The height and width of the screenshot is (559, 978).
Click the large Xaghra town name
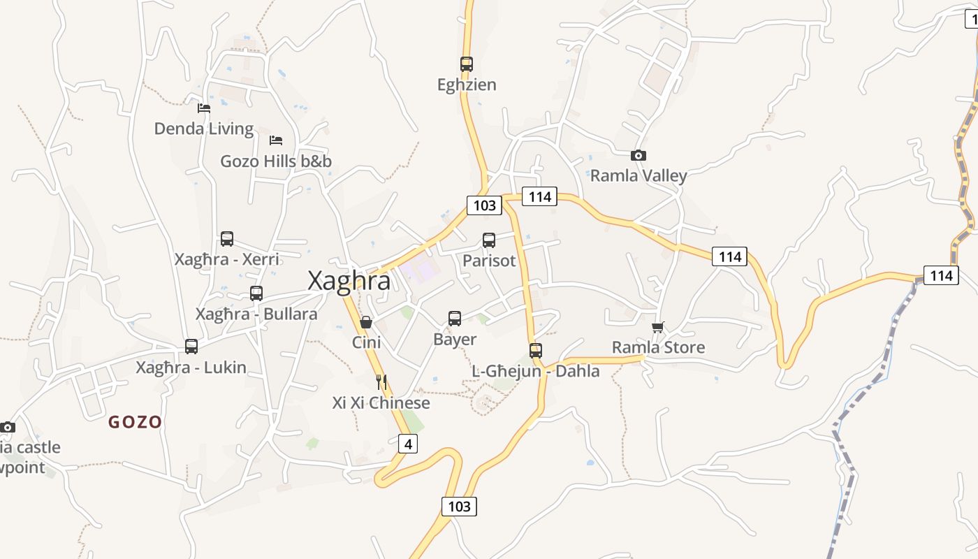pyautogui.click(x=349, y=281)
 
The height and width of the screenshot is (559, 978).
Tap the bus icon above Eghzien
pyautogui.click(x=467, y=64)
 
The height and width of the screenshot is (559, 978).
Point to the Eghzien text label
pyautogui.click(x=467, y=85)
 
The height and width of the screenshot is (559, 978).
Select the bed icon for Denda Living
pyautogui.click(x=204, y=108)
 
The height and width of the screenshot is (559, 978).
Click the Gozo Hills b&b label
pyautogui.click(x=276, y=161)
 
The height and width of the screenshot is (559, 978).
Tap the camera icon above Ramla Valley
pyautogui.click(x=638, y=156)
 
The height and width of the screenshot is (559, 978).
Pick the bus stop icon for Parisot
pyautogui.click(x=489, y=240)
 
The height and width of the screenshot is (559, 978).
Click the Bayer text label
pyautogui.click(x=455, y=340)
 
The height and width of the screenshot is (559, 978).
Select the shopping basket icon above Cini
pyautogui.click(x=365, y=322)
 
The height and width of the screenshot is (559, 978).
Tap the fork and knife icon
pyautogui.click(x=381, y=382)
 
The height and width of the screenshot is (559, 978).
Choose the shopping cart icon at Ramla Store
pyautogui.click(x=657, y=327)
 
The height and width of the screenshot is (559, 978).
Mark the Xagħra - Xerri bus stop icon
pyautogui.click(x=227, y=239)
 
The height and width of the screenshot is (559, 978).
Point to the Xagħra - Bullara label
pyautogui.click(x=256, y=314)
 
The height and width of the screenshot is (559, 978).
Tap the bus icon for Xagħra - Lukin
pyautogui.click(x=191, y=347)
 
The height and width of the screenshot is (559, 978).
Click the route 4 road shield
pyautogui.click(x=408, y=444)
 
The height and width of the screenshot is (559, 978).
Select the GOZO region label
pyautogui.click(x=135, y=422)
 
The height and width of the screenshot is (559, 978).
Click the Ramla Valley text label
pyautogui.click(x=638, y=175)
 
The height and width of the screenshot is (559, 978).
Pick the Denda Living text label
pyautogui.click(x=204, y=129)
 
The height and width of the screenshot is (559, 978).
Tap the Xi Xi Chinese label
pyautogui.click(x=381, y=403)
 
